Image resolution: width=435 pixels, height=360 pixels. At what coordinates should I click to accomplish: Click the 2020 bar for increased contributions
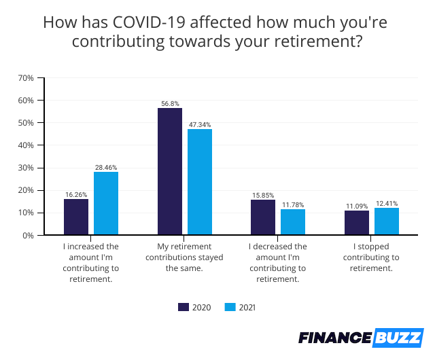(x=76, y=217)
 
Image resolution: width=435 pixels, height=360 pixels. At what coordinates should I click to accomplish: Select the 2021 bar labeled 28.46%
(x=106, y=203)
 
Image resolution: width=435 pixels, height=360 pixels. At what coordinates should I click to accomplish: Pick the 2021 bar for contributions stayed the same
(x=200, y=182)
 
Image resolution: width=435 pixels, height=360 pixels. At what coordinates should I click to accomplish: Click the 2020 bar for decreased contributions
(x=263, y=217)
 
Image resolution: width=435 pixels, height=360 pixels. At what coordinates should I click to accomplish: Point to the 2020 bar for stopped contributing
(x=357, y=223)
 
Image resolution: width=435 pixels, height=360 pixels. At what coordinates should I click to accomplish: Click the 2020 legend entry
(x=194, y=307)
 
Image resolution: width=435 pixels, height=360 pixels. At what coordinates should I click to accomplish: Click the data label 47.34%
(x=200, y=124)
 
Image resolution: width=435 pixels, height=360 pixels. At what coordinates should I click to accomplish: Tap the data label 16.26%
(x=76, y=194)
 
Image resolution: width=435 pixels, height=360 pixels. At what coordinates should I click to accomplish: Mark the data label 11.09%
(x=357, y=206)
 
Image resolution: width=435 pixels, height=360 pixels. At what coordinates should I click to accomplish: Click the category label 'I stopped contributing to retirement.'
(x=372, y=257)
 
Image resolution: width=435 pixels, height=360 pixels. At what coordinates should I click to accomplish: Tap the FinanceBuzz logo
(x=361, y=338)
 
